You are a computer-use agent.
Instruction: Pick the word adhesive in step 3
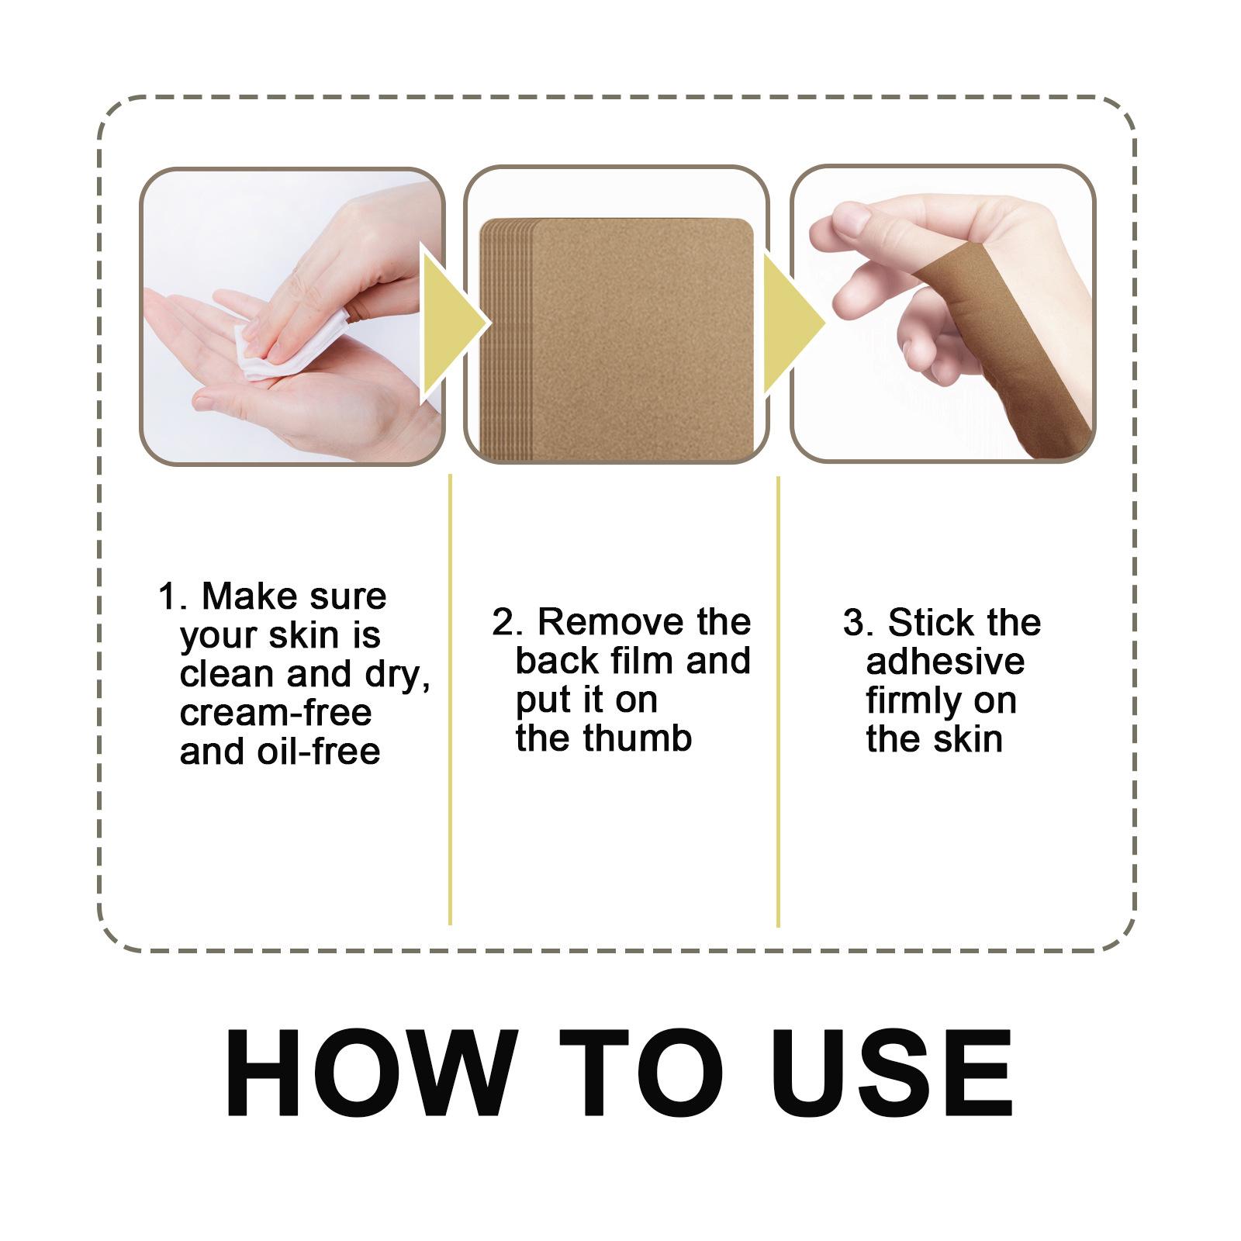coord(945,662)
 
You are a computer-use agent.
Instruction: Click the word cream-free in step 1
coord(275,713)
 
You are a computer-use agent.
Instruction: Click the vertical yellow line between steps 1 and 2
coord(451,698)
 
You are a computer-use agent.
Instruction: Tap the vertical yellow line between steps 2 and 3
coord(778,698)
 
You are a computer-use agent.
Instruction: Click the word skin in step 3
coord(968,739)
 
